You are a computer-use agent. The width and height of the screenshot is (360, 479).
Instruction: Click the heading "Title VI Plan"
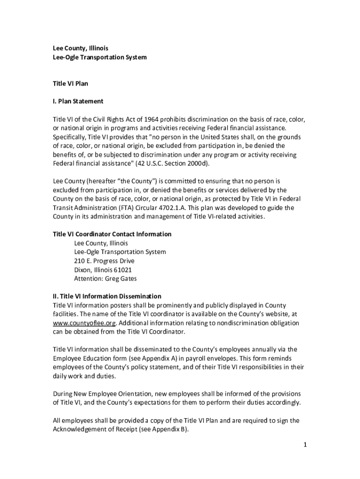point(70,84)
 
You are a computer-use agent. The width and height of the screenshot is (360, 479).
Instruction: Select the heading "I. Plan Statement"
point(78,101)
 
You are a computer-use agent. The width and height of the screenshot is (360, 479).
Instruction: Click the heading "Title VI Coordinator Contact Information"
point(112,234)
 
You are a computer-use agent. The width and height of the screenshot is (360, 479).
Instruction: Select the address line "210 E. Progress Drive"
point(104,261)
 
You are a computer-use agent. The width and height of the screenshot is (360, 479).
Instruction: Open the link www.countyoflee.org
point(84,323)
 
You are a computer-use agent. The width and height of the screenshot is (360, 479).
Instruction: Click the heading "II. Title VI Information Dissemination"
point(107,296)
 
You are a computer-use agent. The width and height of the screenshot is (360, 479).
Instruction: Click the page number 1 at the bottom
point(304,444)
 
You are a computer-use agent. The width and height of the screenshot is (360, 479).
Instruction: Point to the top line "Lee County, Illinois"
point(80,48)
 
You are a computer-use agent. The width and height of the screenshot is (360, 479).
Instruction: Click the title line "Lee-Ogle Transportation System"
point(99,57)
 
